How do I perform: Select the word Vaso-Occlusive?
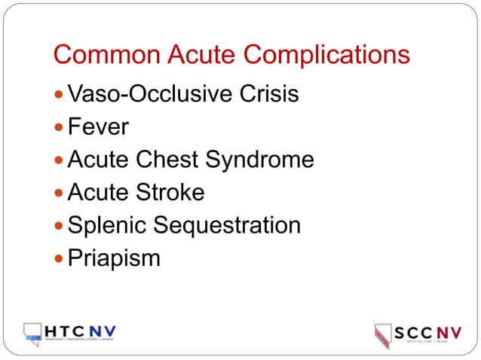point(139,94)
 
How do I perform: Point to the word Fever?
point(98,127)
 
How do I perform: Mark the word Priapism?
point(114,258)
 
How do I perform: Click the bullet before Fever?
point(60,127)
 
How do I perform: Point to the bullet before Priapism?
point(60,258)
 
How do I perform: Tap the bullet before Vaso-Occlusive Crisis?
point(60,95)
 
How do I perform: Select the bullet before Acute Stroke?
point(60,193)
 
